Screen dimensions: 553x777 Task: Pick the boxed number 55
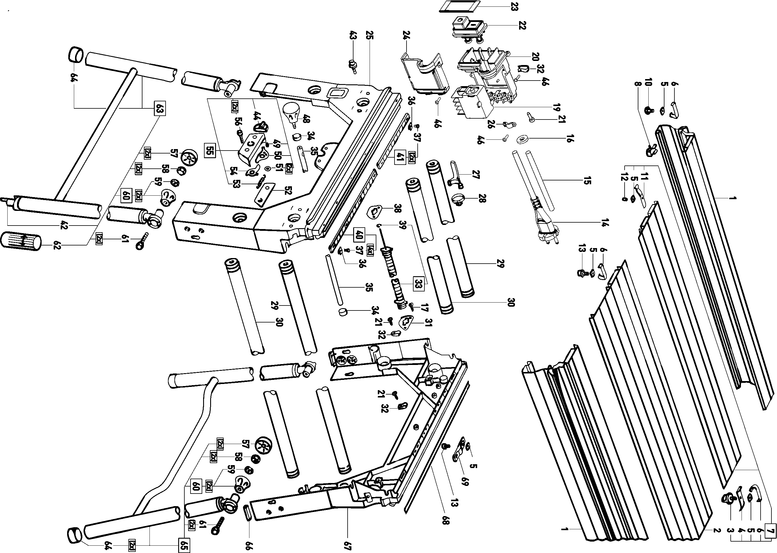coord(210,151)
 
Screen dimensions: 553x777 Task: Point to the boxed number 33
coord(419,283)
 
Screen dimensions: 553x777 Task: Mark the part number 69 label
coord(465,482)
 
